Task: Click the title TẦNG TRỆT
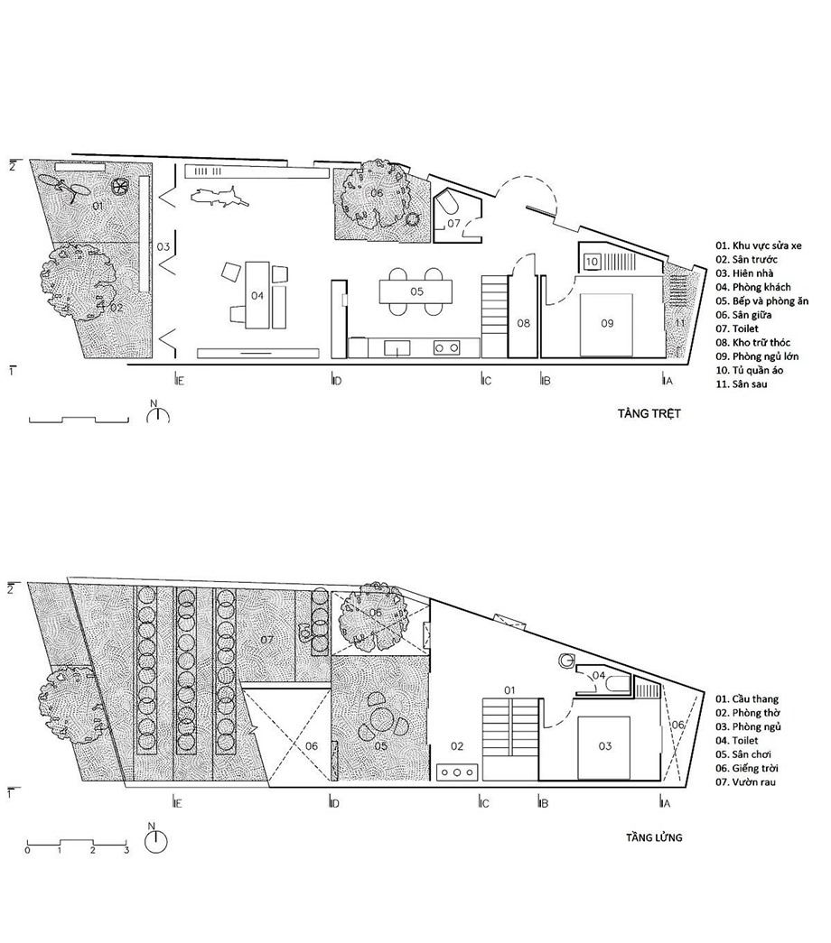pyautogui.click(x=649, y=413)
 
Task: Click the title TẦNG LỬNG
pyautogui.click(x=654, y=837)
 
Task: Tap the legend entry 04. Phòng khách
pyautogui.click(x=753, y=287)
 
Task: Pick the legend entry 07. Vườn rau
pyautogui.click(x=745, y=781)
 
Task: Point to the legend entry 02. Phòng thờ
pyautogui.click(x=747, y=713)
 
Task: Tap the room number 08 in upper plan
pyautogui.click(x=523, y=323)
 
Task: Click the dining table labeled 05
pyautogui.click(x=416, y=291)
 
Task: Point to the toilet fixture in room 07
pyautogui.click(x=449, y=205)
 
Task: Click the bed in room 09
pyautogui.click(x=606, y=324)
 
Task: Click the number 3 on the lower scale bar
pyautogui.click(x=126, y=851)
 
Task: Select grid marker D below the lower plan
pyautogui.click(x=335, y=802)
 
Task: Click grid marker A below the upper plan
pyautogui.click(x=666, y=380)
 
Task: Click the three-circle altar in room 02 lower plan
pyautogui.click(x=457, y=772)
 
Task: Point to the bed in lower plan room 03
pyautogui.click(x=604, y=747)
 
